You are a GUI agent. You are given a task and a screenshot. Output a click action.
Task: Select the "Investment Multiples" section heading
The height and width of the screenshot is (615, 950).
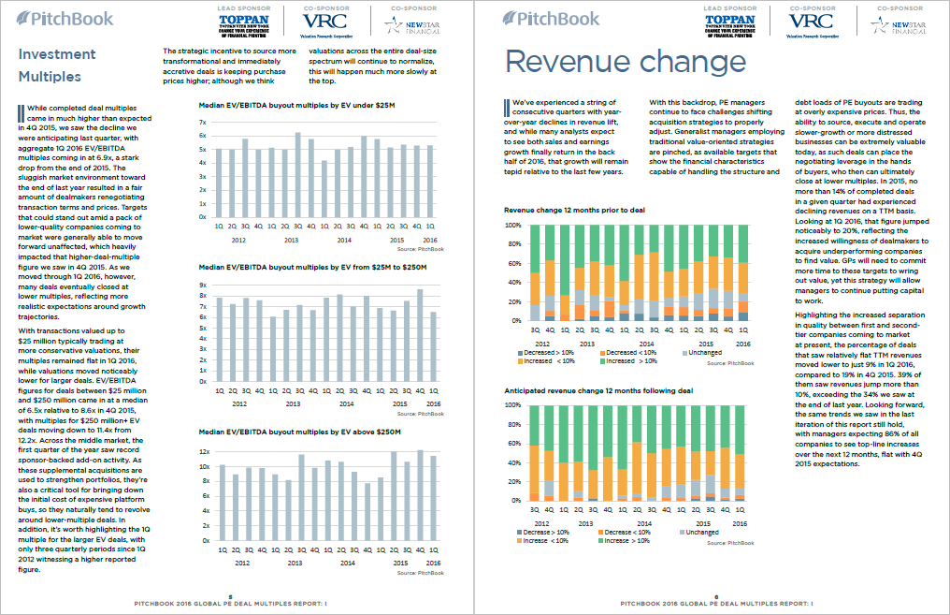(x=51, y=65)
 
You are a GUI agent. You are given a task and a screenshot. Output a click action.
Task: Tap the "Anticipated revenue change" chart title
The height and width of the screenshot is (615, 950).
(x=598, y=390)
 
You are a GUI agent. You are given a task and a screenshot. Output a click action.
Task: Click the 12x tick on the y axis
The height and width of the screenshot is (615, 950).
(x=206, y=451)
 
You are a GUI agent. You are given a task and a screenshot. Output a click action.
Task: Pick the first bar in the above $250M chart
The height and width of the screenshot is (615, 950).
(x=222, y=503)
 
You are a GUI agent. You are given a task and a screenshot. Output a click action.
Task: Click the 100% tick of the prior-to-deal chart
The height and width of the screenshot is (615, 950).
(x=512, y=226)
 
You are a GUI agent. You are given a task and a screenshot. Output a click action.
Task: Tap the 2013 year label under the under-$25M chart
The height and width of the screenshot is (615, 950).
(x=293, y=240)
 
